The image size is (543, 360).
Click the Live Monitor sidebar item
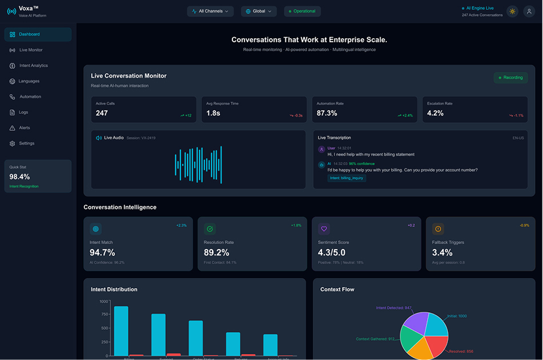pos(31,50)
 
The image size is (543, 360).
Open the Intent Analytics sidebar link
pos(33,66)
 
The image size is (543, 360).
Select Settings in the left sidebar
pos(27,144)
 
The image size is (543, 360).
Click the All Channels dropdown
pos(210,11)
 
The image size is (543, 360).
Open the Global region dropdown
pos(259,11)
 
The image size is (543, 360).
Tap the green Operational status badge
pos(302,11)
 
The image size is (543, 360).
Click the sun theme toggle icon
pos(512,11)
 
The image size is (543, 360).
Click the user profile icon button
pos(529,11)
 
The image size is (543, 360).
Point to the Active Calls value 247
pos(102,113)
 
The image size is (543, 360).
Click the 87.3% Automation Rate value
pos(327,113)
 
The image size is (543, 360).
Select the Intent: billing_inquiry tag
pos(347,178)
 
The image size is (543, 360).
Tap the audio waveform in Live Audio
pos(198,165)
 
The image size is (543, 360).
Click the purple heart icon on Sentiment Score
pos(324,229)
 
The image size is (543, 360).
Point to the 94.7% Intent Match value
pos(103,252)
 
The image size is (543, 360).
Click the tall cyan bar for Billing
pos(121,331)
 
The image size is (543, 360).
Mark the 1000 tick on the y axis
pos(103,301)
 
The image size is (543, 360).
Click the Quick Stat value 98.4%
pos(20,177)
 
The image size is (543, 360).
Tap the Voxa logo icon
pos(11,11)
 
